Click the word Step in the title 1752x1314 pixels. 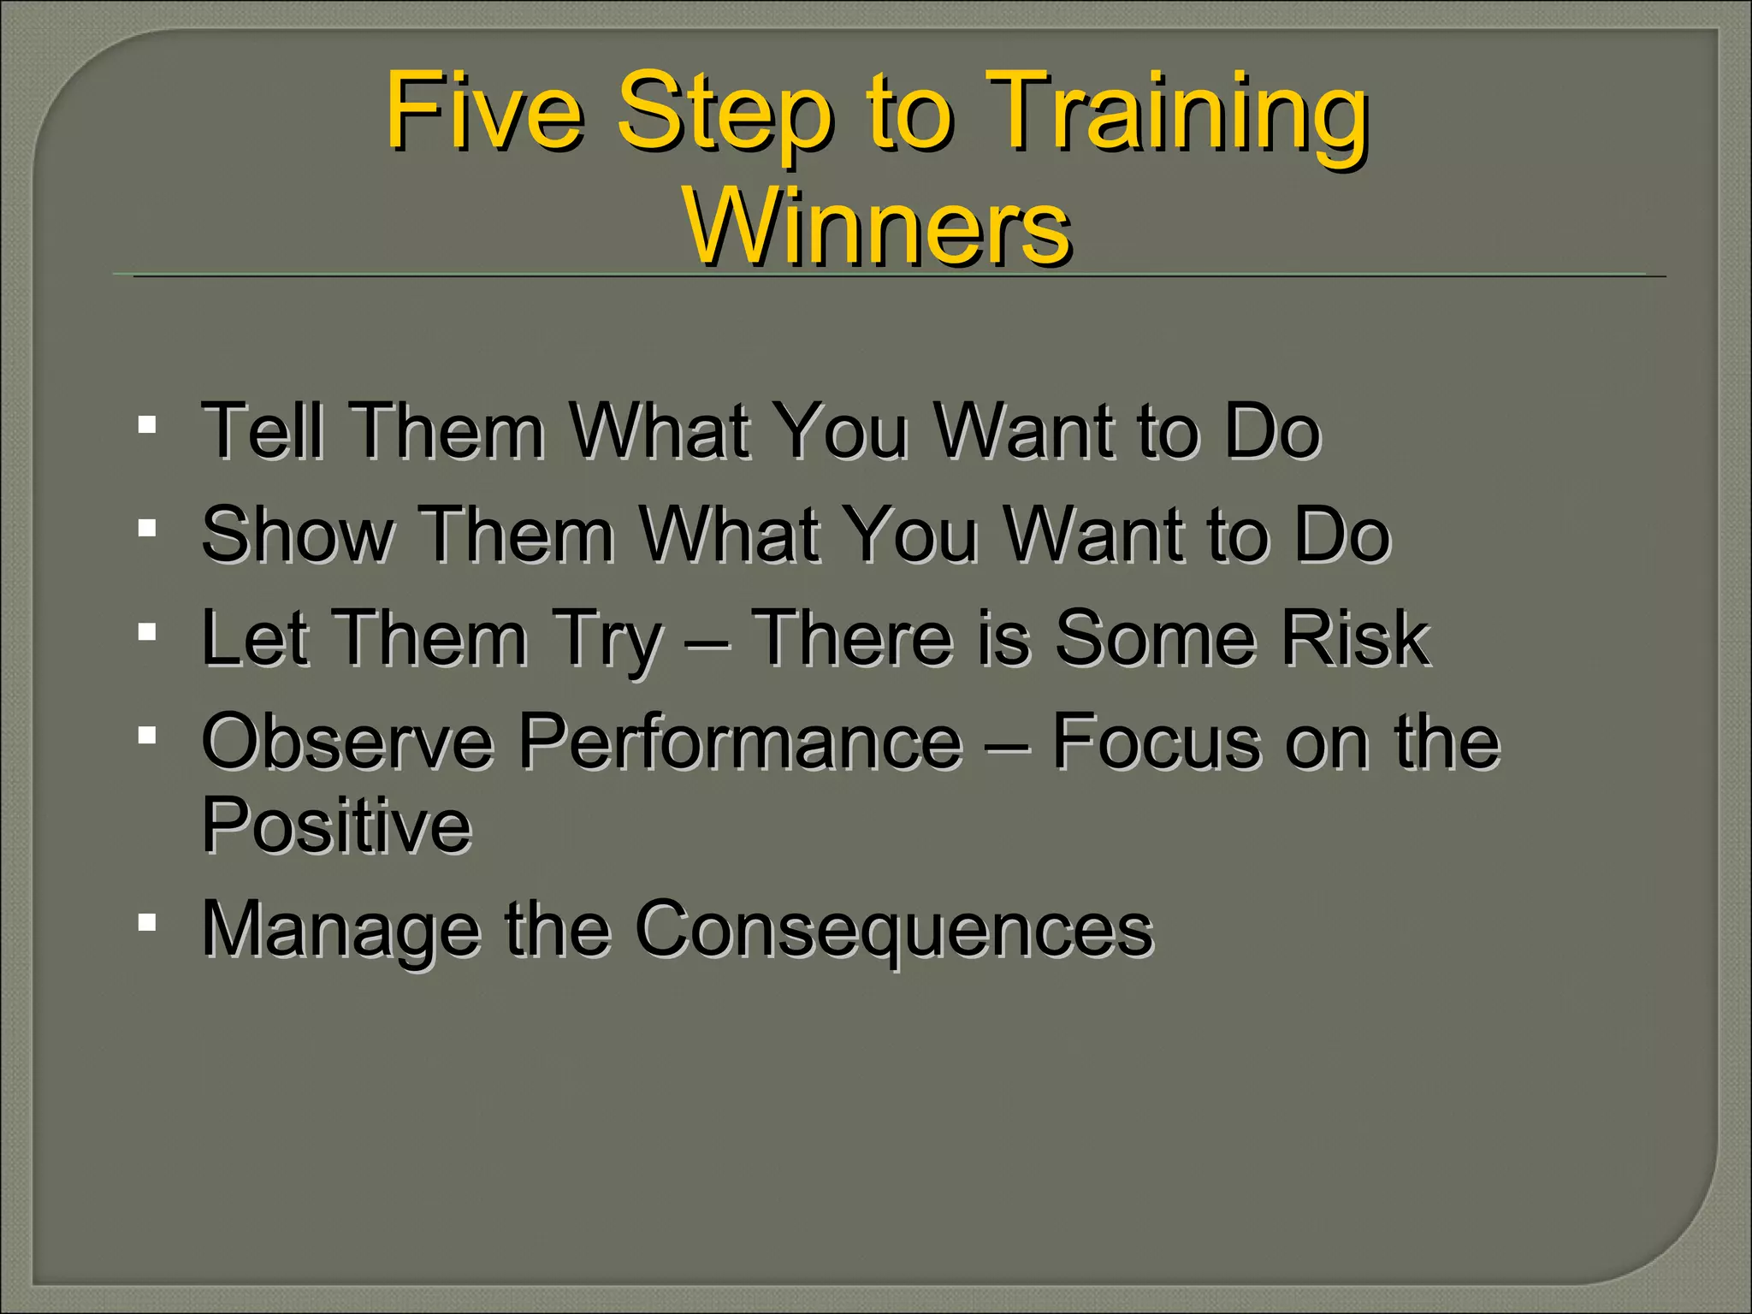[723, 115]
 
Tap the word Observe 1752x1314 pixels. [346, 742]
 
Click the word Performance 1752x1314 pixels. [741, 742]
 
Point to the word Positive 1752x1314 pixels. [336, 826]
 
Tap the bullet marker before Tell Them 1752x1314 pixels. [147, 424]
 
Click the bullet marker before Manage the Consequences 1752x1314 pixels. [147, 922]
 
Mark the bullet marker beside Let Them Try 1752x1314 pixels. [147, 632]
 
